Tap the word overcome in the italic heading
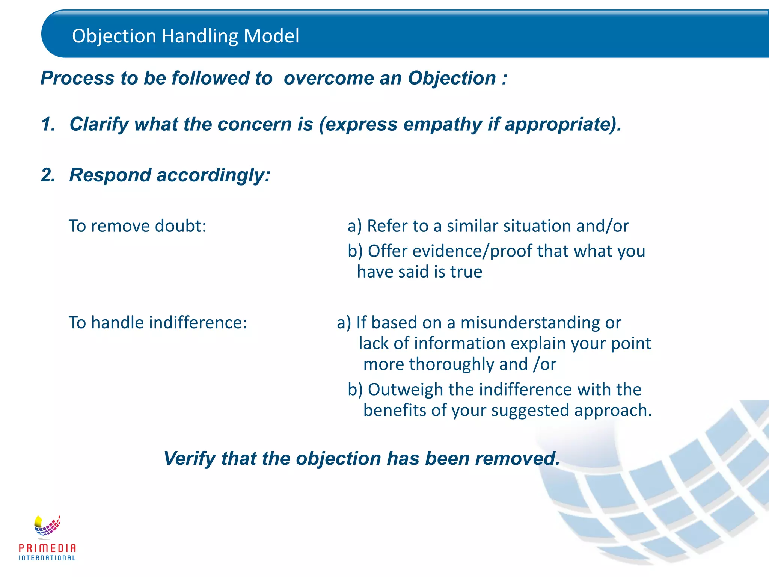pos(326,78)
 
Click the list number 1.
pos(48,124)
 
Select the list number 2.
pos(48,175)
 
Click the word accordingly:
pos(213,175)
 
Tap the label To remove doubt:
pos(137,226)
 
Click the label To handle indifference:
pos(158,323)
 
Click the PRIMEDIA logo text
pos(47,548)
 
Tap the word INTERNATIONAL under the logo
pos(47,558)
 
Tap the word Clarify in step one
pos(99,125)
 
